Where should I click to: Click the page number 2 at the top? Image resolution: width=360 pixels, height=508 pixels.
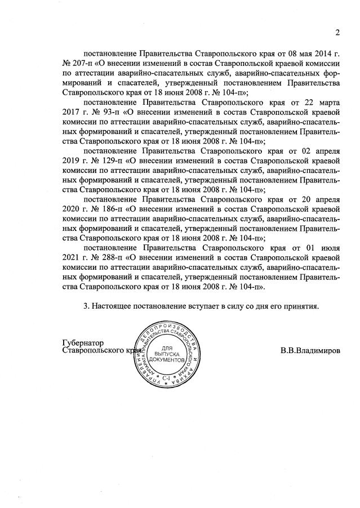(x=337, y=32)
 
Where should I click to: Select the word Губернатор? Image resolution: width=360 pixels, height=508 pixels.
(x=83, y=342)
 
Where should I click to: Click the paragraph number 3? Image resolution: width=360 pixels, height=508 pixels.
(x=86, y=306)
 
